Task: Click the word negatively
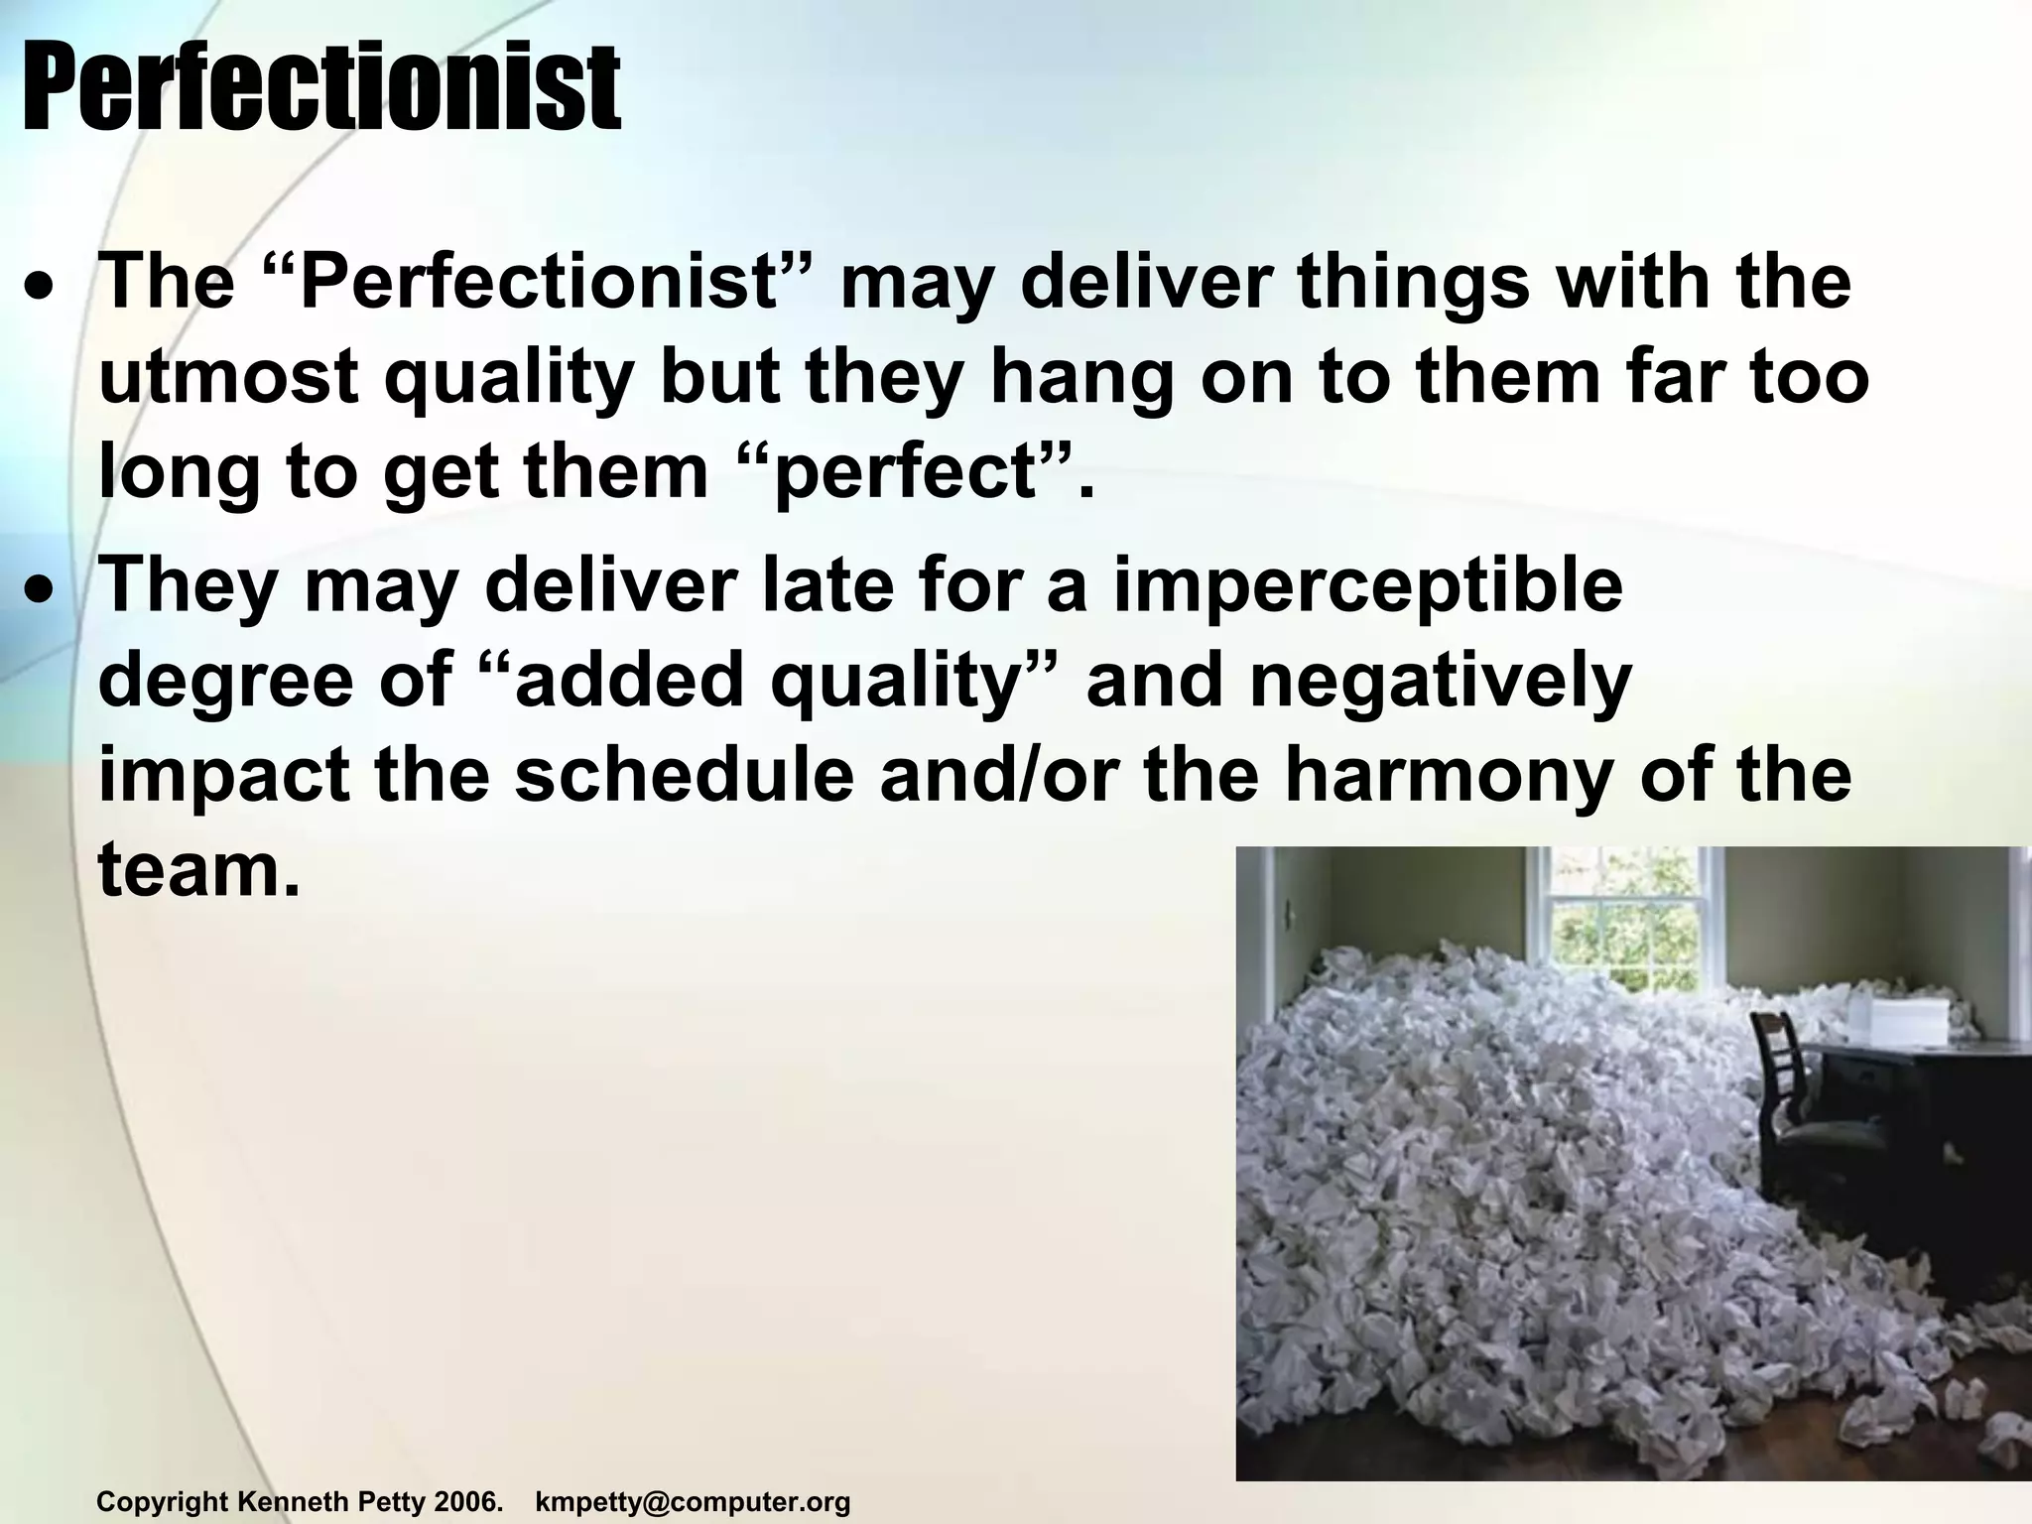pos(1440,682)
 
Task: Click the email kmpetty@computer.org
pos(693,1502)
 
